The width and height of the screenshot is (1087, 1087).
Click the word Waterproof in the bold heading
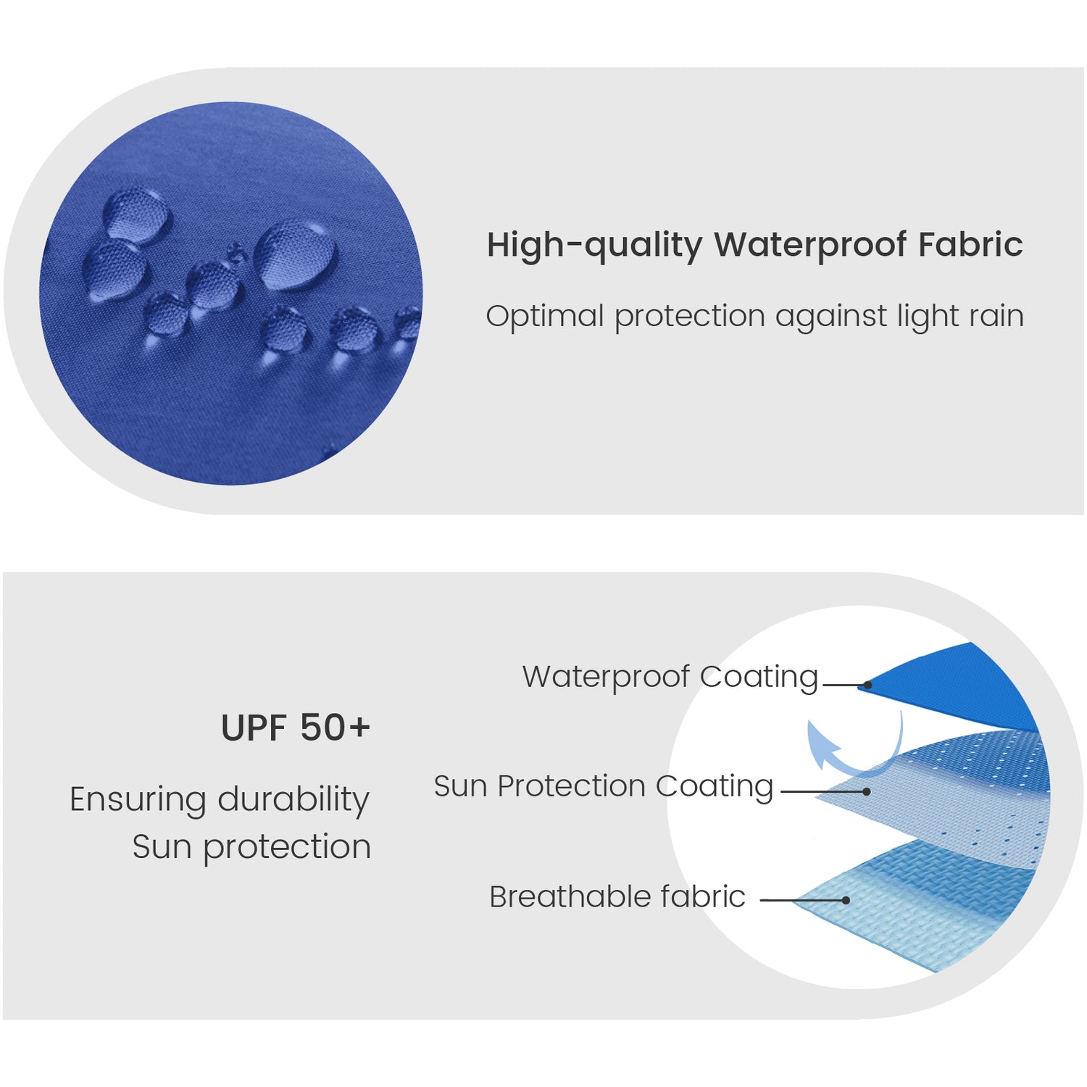[x=811, y=245]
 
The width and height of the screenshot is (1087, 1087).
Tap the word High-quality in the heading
[x=594, y=245]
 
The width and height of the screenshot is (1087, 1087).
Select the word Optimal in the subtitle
[x=545, y=317]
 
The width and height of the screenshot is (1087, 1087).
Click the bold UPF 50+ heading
[x=296, y=728]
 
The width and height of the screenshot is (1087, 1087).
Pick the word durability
[x=293, y=800]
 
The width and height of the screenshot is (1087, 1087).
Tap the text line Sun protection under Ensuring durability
[x=251, y=847]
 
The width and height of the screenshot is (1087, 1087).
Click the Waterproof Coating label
[x=670, y=677]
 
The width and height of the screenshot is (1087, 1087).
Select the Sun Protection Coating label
[x=604, y=787]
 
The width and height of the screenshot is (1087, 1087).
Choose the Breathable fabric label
[x=617, y=896]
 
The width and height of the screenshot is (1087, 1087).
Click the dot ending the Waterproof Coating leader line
[x=867, y=684]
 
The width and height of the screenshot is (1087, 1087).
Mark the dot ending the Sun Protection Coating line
[x=867, y=791]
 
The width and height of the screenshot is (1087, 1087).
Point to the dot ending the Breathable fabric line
[x=846, y=900]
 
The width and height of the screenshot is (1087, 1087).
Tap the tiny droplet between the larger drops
[x=236, y=252]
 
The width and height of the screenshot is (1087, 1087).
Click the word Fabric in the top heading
[x=970, y=245]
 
